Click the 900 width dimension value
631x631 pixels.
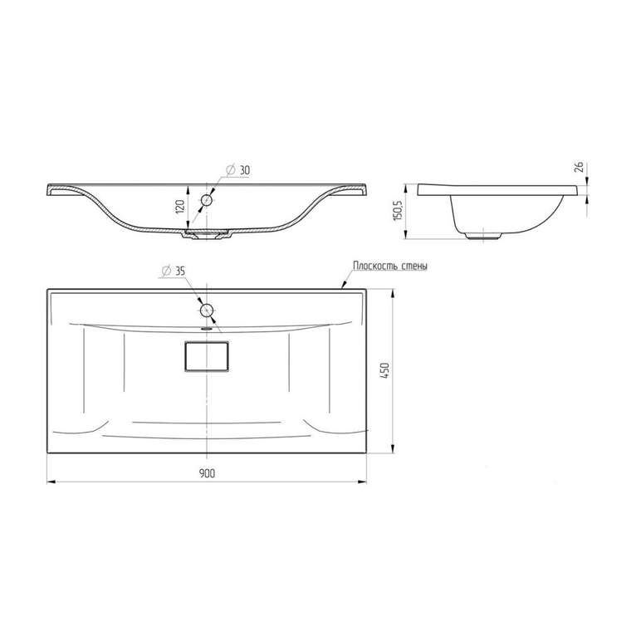(207, 473)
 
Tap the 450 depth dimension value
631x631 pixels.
(385, 370)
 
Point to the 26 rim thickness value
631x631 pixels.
(580, 166)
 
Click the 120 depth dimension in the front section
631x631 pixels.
(180, 207)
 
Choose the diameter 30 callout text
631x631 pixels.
(238, 170)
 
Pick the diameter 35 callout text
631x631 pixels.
(173, 271)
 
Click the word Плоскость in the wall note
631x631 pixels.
(376, 266)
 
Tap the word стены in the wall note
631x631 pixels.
(415, 266)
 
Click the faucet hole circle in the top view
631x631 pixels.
(207, 311)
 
